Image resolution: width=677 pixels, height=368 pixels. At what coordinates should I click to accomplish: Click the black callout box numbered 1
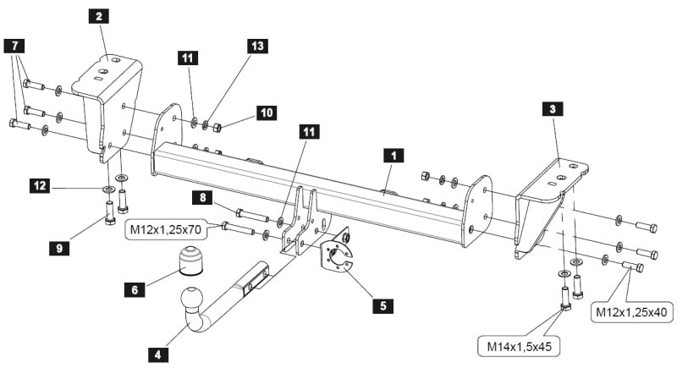tap(394, 156)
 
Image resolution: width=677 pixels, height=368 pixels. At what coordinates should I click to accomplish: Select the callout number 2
tap(99, 16)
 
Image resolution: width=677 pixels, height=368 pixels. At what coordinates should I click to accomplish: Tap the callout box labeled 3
tap(553, 109)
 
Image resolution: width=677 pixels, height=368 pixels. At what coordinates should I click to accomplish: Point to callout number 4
tap(158, 355)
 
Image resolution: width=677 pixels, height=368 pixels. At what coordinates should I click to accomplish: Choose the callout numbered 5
tap(383, 306)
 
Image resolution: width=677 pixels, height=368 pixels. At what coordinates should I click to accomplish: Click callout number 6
tap(135, 289)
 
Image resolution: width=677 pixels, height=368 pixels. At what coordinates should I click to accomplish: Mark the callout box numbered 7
tap(14, 46)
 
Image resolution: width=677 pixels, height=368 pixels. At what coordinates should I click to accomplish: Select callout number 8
tap(203, 198)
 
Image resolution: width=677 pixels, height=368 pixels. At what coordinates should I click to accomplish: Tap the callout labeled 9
tap(59, 248)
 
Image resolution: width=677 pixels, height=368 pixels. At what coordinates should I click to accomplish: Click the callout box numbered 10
tap(267, 113)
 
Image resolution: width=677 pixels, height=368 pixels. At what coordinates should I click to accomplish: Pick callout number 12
tap(40, 186)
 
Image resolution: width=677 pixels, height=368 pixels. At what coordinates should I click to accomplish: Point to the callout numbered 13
tap(257, 46)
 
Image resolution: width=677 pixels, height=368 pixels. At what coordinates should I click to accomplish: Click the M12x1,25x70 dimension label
tap(166, 230)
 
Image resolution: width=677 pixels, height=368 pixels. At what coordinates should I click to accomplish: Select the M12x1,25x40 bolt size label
tap(631, 312)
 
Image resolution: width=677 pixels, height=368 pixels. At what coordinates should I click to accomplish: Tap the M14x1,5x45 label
tap(520, 347)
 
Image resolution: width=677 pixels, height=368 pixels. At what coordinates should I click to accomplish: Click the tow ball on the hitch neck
tap(191, 297)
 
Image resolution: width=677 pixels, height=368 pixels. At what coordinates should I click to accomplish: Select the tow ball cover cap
tap(190, 261)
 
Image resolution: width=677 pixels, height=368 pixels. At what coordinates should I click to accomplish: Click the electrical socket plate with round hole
tap(336, 256)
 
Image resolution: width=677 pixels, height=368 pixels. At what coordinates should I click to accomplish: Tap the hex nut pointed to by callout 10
tap(217, 127)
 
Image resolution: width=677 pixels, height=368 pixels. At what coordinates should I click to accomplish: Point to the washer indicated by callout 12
tap(107, 189)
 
